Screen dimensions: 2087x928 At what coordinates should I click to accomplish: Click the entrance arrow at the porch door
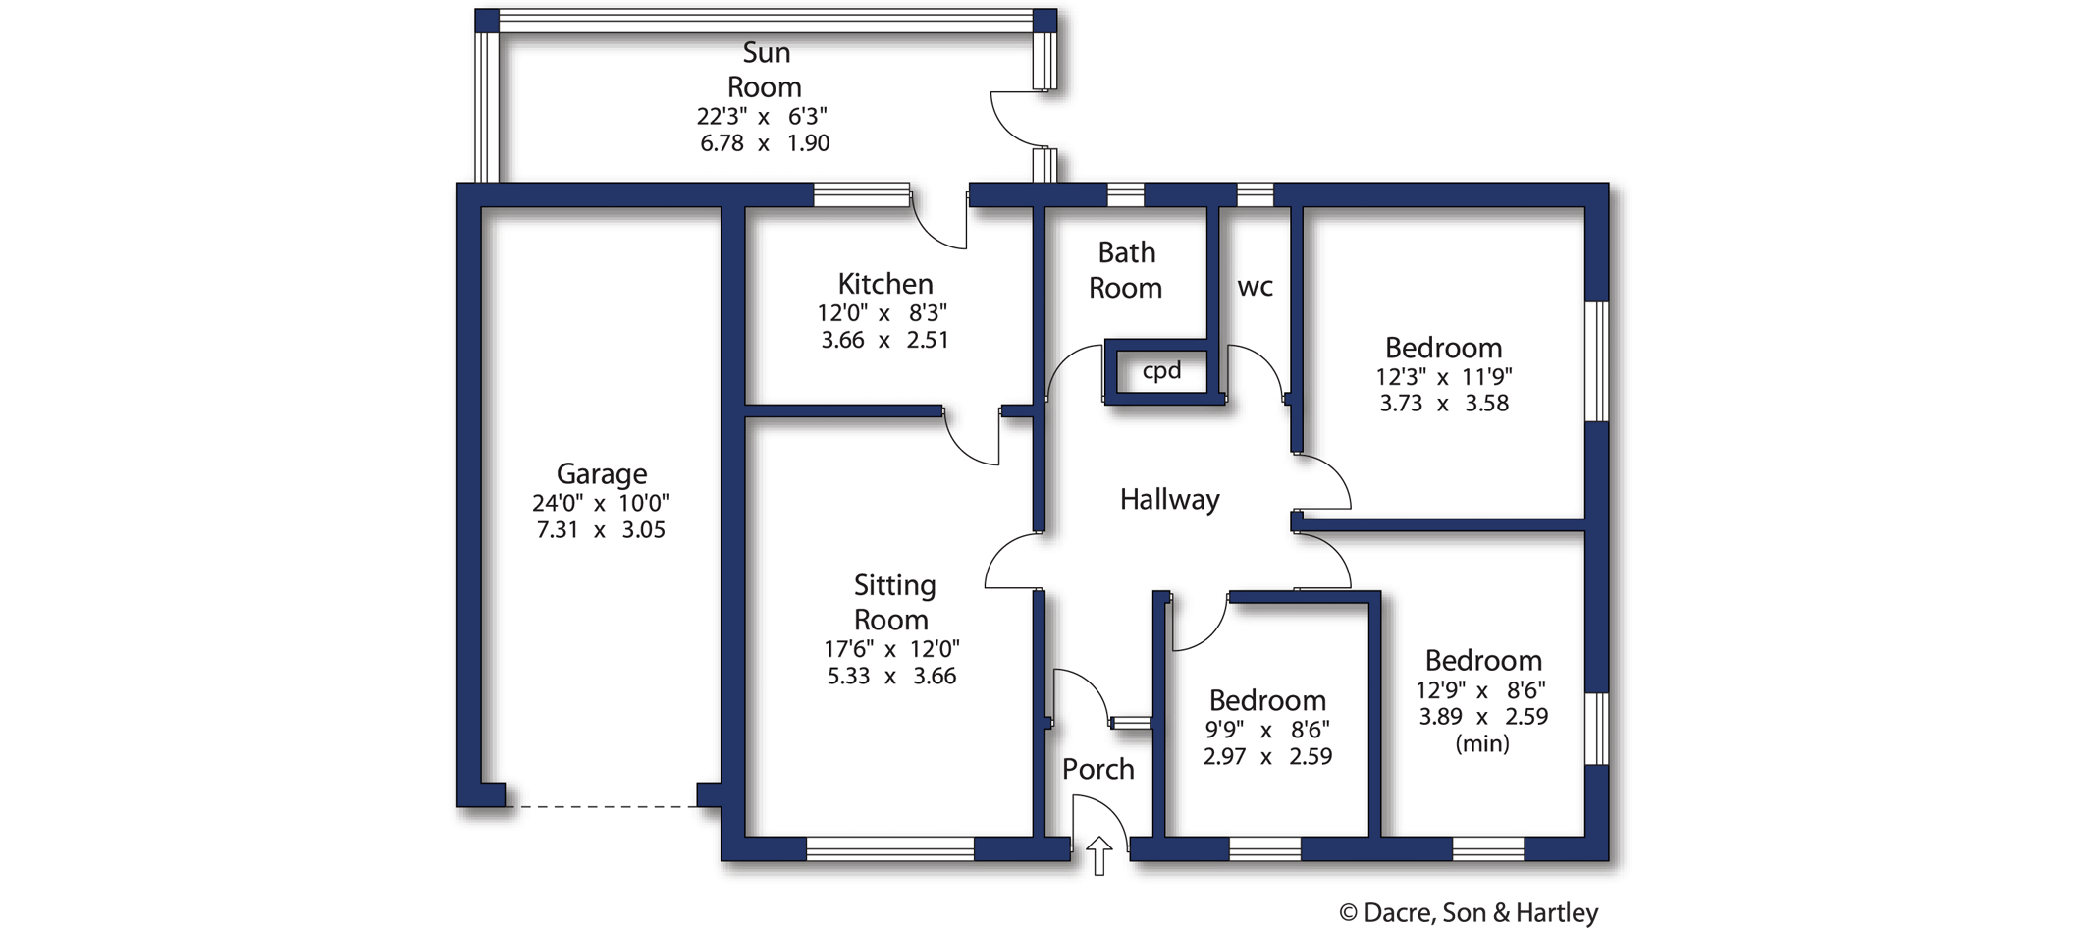click(1098, 855)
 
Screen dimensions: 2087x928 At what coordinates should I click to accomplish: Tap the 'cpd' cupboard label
click(1161, 371)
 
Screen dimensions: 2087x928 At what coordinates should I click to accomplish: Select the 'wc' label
click(1255, 287)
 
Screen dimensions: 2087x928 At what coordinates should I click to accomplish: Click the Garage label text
click(602, 474)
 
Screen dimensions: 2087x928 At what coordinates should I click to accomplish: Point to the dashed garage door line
click(601, 807)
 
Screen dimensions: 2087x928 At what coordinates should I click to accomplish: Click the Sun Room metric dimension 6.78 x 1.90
click(765, 143)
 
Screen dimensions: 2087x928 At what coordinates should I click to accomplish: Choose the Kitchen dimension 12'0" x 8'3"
click(883, 313)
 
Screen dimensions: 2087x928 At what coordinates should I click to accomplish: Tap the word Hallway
click(1169, 500)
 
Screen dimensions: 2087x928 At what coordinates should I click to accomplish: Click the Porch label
click(1097, 770)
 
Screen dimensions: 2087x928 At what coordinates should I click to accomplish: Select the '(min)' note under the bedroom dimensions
click(1481, 743)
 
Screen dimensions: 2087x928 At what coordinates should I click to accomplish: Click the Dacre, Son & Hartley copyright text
click(1469, 913)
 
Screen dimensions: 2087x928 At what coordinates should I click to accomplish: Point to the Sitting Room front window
click(890, 849)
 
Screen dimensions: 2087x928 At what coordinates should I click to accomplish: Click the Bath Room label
click(1126, 270)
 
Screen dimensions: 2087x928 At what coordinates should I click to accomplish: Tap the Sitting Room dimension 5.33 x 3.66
click(891, 676)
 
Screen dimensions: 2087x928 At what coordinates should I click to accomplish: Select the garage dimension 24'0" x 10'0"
click(601, 503)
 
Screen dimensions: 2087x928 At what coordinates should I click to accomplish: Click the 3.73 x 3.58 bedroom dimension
click(1443, 404)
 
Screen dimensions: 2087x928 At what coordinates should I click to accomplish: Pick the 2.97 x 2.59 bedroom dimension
click(1267, 757)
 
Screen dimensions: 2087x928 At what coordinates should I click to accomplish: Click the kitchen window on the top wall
click(862, 194)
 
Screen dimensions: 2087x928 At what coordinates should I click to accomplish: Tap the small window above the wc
click(1255, 194)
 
